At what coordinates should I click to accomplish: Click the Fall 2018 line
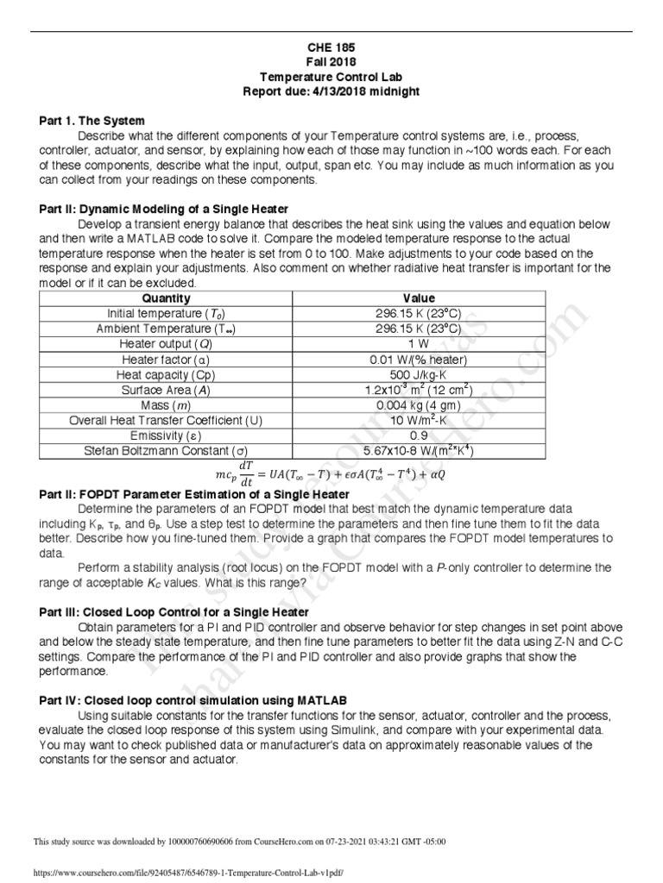pos(331,63)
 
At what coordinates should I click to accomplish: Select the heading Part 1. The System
pos(92,121)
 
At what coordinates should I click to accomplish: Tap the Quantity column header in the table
pos(165,298)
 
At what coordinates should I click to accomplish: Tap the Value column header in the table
pos(419,298)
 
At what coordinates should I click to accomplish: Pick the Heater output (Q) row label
pos(165,344)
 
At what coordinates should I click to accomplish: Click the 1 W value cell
pos(419,344)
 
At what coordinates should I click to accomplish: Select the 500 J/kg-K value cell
pos(419,374)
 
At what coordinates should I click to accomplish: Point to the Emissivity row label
pos(165,435)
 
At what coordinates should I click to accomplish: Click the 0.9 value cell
pos(419,435)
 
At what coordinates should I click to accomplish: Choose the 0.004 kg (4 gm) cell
pos(419,405)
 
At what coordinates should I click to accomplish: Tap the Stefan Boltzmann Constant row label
pos(165,450)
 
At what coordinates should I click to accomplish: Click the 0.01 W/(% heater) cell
pos(419,360)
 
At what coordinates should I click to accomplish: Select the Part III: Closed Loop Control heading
pos(174,611)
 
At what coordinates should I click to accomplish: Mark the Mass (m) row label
pos(165,405)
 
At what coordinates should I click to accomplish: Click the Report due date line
pos(331,91)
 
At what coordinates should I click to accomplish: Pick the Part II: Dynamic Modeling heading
pos(164,210)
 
